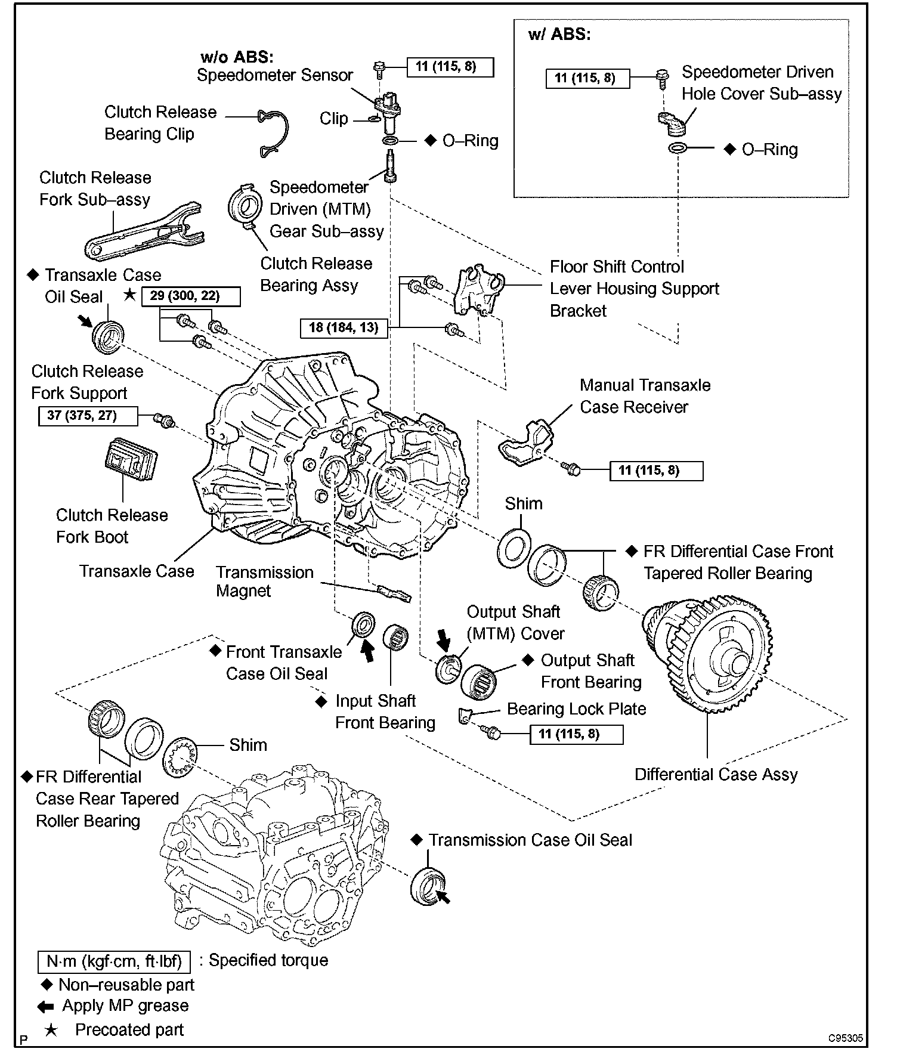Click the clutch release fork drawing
[x=143, y=233]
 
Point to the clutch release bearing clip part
[x=274, y=132]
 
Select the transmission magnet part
[x=394, y=592]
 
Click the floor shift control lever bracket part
[x=477, y=289]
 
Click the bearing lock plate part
[x=465, y=715]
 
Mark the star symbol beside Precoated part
[x=51, y=1030]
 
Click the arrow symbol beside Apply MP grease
[x=46, y=1007]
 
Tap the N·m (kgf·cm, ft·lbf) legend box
[x=114, y=961]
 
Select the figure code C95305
[x=845, y=1038]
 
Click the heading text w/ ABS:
[x=559, y=35]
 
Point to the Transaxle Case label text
[x=137, y=571]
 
